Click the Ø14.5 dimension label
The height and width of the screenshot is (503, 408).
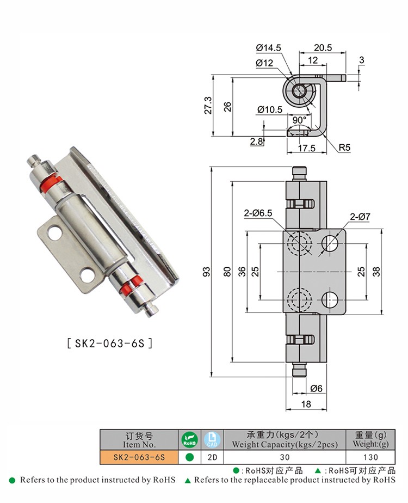pos(268,48)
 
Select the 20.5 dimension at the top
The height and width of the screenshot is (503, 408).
pos(323,48)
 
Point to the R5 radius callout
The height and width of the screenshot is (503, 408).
pos(344,147)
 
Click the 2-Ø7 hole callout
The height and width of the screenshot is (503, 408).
pos(360,217)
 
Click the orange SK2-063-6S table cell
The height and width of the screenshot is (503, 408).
pos(140,457)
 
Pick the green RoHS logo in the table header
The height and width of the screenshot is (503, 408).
pos(189,439)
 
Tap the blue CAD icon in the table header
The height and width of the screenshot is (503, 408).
pos(210,439)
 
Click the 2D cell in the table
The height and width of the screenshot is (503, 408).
pos(210,457)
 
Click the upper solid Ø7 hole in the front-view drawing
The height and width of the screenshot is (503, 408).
pos(330,243)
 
